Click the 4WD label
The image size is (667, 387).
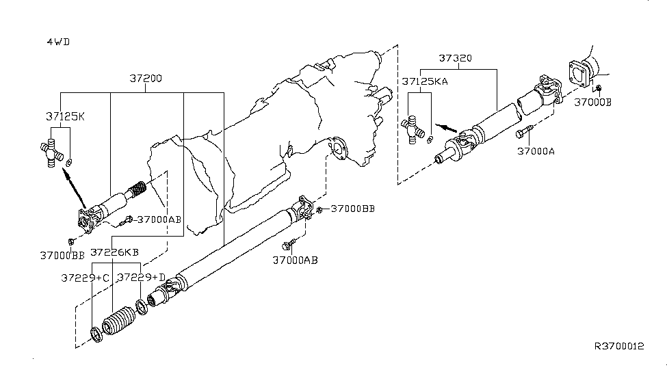pos(58,42)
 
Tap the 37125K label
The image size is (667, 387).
pos(62,116)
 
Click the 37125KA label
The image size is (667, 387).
pos(423,81)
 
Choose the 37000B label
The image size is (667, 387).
pos(593,103)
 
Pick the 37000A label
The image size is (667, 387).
pos(536,150)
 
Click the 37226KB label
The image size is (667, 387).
pos(115,252)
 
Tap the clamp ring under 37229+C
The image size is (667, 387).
pos(96,335)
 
